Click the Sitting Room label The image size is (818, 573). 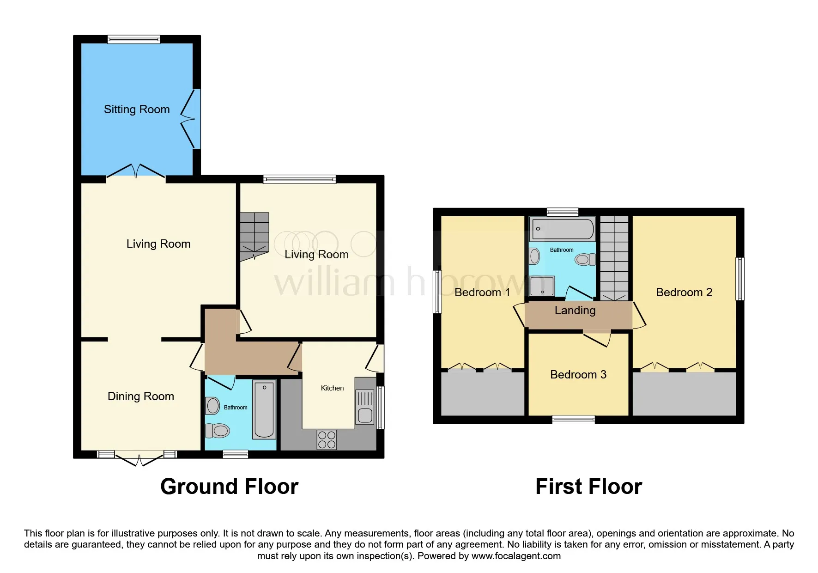[x=137, y=110]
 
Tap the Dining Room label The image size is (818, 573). [x=140, y=396]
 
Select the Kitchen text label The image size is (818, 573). [x=332, y=388]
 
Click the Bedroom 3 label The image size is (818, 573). [x=578, y=375]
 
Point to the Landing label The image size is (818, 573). [x=575, y=311]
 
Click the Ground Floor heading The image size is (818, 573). [x=229, y=487]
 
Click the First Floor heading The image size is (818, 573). [x=588, y=487]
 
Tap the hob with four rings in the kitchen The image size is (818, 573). [x=327, y=439]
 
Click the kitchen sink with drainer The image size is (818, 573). [x=365, y=407]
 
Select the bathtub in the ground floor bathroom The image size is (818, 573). [x=264, y=409]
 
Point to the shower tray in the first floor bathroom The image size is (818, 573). [x=541, y=286]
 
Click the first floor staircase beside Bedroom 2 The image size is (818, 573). [x=614, y=258]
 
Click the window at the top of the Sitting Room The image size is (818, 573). [x=134, y=40]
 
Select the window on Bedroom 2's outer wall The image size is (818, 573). [x=739, y=279]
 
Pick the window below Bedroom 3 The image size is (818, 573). [x=573, y=420]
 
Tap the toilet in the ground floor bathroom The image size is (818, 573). [x=218, y=431]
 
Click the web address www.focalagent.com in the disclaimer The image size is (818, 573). [x=516, y=556]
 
